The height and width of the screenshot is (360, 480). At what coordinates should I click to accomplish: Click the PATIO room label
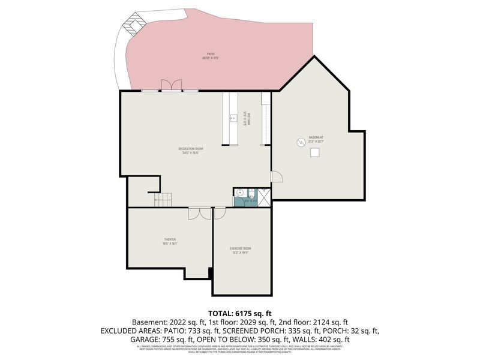211,56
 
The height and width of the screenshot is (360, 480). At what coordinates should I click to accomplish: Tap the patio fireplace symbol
133,25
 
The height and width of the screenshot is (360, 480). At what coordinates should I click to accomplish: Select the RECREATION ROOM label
191,150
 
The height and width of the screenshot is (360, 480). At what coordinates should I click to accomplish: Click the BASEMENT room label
316,139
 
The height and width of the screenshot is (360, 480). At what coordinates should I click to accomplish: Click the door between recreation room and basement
276,176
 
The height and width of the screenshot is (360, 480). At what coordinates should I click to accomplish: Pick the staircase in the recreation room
163,200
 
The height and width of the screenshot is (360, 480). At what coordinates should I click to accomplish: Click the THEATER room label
169,241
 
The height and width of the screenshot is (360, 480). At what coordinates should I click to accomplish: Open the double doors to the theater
197,213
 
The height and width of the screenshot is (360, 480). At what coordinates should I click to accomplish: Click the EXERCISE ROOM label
241,250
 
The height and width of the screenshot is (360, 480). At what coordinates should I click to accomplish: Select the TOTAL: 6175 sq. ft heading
239,313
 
